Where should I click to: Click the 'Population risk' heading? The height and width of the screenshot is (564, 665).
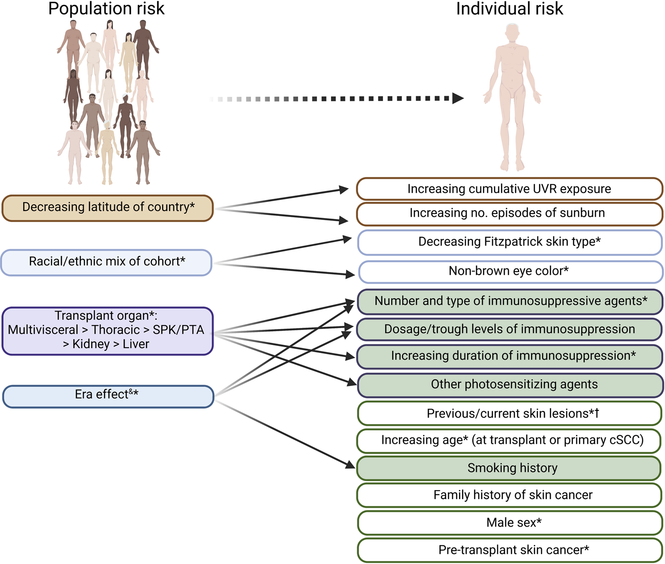(106, 9)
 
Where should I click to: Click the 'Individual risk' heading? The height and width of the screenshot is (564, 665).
(510, 9)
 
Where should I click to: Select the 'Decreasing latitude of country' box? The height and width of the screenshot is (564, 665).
(108, 208)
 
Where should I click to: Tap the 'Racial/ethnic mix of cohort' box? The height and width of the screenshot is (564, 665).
(106, 262)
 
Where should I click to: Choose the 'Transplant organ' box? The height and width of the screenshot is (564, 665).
(108, 331)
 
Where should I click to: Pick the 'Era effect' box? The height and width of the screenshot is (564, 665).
(108, 396)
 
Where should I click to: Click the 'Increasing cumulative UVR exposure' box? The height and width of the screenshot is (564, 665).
(510, 189)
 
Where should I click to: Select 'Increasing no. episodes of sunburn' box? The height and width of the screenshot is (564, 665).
(510, 214)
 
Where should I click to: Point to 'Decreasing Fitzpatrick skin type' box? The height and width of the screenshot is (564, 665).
(510, 243)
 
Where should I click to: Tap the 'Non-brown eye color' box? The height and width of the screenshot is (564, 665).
(511, 272)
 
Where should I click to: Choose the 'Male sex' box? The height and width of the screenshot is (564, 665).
(510, 523)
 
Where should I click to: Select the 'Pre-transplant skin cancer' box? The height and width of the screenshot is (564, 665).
(510, 550)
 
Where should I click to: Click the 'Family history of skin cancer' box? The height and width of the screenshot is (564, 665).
(510, 495)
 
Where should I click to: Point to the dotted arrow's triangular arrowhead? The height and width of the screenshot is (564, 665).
(458, 98)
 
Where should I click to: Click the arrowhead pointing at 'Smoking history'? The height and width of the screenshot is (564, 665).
(350, 465)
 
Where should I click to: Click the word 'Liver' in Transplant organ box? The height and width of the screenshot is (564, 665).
(136, 344)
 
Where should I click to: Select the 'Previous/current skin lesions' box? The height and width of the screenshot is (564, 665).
(510, 414)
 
